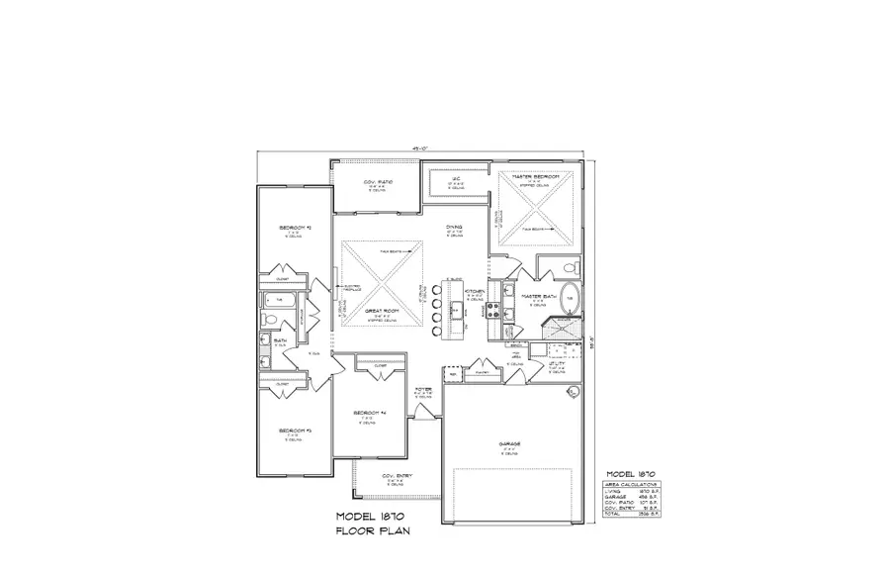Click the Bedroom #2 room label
click(295, 228)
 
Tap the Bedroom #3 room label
click(295, 431)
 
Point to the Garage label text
click(509, 443)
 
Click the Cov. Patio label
click(379, 181)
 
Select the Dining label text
click(454, 228)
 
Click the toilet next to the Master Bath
click(567, 268)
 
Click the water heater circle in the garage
click(572, 393)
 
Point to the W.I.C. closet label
click(456, 182)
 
